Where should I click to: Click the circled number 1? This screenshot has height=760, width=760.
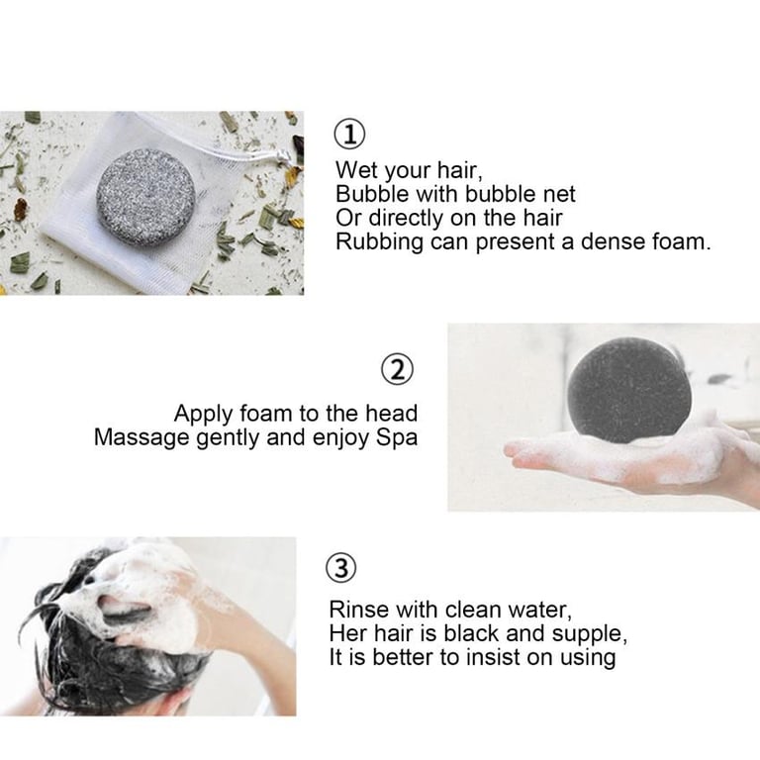pos(350,135)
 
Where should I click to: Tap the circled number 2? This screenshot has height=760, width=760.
pos(398,369)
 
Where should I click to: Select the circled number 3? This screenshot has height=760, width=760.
pos(340,568)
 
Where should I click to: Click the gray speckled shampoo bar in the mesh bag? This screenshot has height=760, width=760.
pos(145,198)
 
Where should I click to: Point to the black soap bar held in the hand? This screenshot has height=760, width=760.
pos(629,390)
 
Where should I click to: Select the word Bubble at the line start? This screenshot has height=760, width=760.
pos(372,194)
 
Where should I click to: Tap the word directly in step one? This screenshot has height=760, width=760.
pos(407,218)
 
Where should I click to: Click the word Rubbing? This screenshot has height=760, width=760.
pos(380,242)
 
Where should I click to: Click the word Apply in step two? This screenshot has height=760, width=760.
pos(203,415)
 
